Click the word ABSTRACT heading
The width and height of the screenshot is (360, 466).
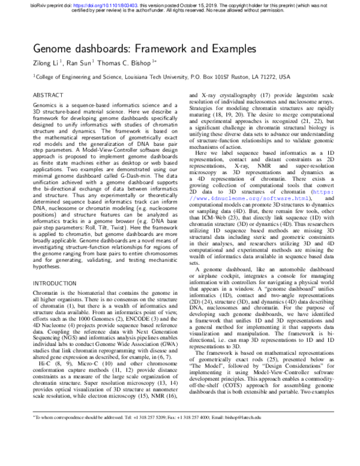pyautogui.click(x=49, y=95)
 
